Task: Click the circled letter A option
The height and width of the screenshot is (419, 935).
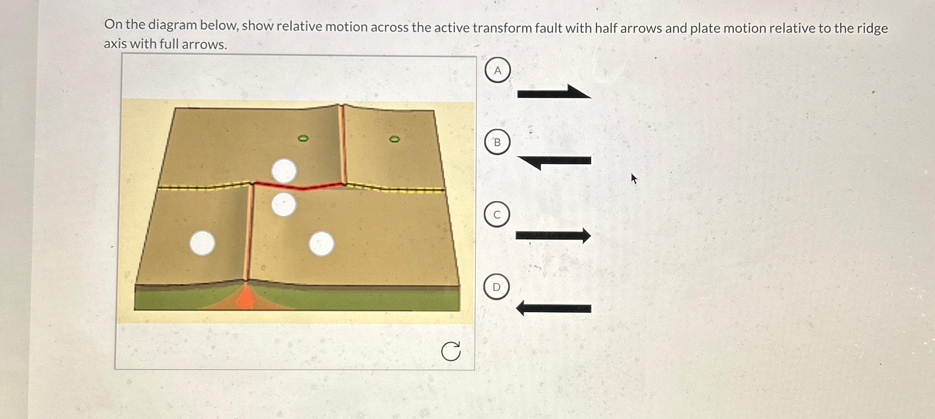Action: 497,70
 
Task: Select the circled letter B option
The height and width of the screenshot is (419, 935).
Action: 497,142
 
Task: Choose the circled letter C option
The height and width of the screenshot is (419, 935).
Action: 497,214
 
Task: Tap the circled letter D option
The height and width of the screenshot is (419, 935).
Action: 496,287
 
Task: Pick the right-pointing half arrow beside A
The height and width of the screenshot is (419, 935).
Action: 554,92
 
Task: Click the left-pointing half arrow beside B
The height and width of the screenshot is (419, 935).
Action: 554,161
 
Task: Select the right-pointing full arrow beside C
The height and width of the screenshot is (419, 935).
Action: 553,236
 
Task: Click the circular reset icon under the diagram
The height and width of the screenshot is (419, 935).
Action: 450,351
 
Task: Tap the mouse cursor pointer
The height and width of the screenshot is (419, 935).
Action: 634,178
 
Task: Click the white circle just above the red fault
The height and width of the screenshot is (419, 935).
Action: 284,171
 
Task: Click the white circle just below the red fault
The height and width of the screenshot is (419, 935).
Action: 283,205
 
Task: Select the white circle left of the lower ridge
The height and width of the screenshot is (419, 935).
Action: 202,243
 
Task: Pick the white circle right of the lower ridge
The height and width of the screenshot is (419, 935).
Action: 321,244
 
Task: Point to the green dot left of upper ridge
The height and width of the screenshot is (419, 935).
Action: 303,138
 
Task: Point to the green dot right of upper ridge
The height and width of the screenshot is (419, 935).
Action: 394,139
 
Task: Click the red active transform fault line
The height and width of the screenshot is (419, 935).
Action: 300,186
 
